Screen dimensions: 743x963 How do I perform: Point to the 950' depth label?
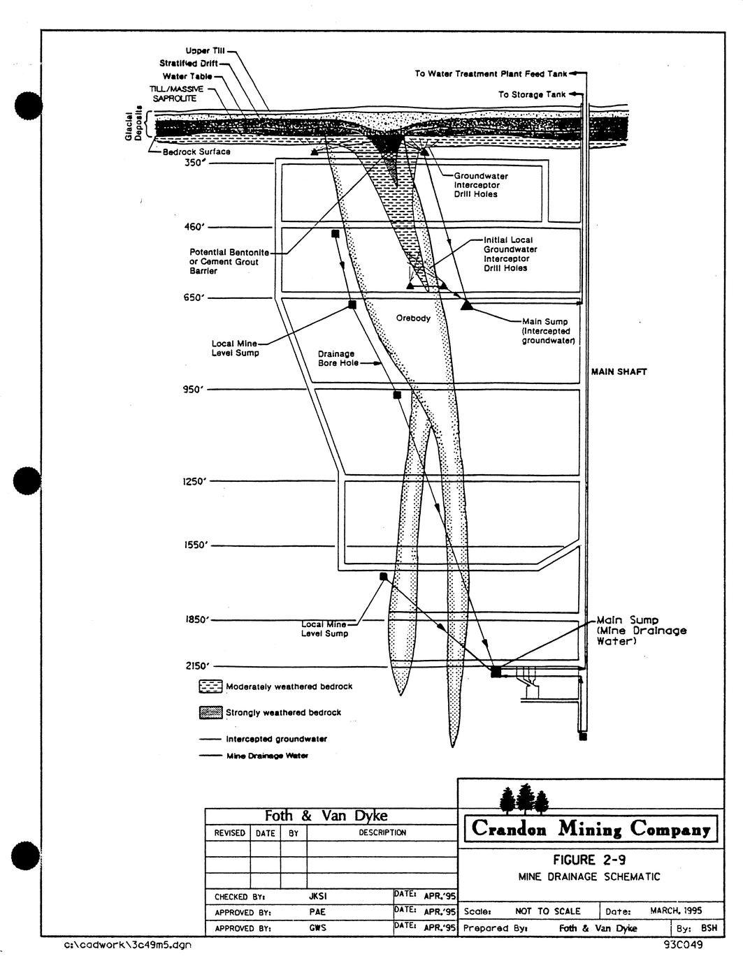pos(193,390)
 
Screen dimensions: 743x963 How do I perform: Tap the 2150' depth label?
pos(196,666)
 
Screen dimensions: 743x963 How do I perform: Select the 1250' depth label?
pos(195,481)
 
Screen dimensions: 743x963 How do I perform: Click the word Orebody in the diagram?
pos(413,318)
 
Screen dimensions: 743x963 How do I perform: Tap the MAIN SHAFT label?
pos(619,372)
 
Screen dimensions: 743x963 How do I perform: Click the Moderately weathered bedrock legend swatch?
pos(210,686)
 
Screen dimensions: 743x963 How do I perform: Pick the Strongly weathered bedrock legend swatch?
pos(210,712)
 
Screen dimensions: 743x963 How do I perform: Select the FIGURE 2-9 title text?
pos(589,860)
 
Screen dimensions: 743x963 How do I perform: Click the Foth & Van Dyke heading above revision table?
pos(326,816)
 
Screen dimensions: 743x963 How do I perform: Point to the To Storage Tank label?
pos(532,94)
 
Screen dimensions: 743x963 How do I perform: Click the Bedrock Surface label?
pos(196,152)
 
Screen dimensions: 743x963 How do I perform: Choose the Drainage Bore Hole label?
pos(338,358)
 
